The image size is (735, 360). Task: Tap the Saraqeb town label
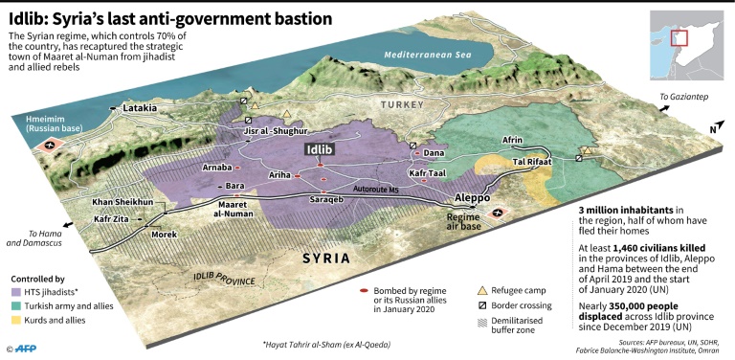(326, 200)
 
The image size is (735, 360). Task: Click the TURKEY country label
(401, 103)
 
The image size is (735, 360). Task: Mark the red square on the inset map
(679, 38)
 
